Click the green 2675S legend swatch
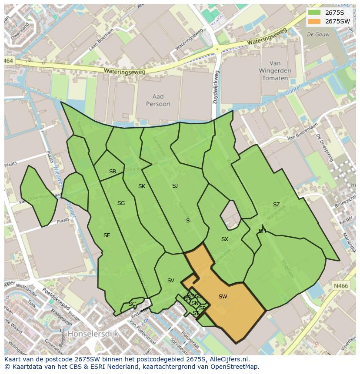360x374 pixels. [314, 13]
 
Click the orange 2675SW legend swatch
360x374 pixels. [314, 21]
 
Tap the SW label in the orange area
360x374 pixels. [223, 297]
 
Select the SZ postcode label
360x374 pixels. [277, 205]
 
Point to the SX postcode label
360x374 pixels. [225, 239]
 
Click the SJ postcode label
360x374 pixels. [175, 186]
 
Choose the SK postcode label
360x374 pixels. [142, 186]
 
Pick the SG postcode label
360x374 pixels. [121, 203]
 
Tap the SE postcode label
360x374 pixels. [107, 235]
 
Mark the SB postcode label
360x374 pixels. [113, 172]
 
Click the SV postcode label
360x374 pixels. [171, 281]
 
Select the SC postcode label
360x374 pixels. [132, 304]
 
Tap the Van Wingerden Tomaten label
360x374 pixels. [275, 71]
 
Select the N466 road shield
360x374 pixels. [341, 286]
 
